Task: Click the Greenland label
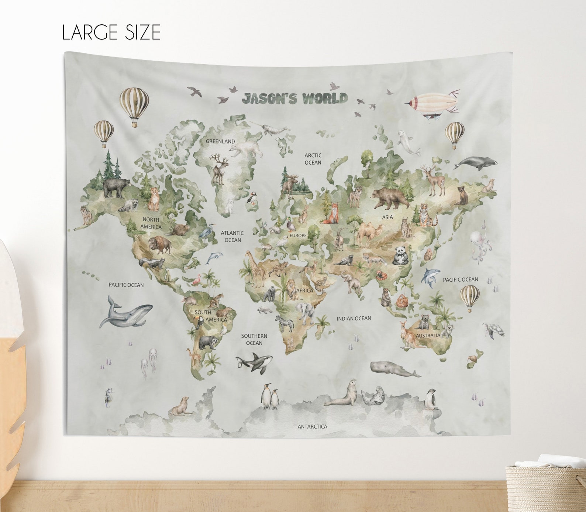point(220,141)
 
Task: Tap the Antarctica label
point(312,427)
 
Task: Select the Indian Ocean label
point(354,318)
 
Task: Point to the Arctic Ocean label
point(313,159)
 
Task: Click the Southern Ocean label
point(254,340)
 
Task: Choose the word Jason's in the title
point(270,99)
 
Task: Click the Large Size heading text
point(111,32)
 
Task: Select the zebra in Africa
point(285,323)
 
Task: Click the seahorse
point(109,398)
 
